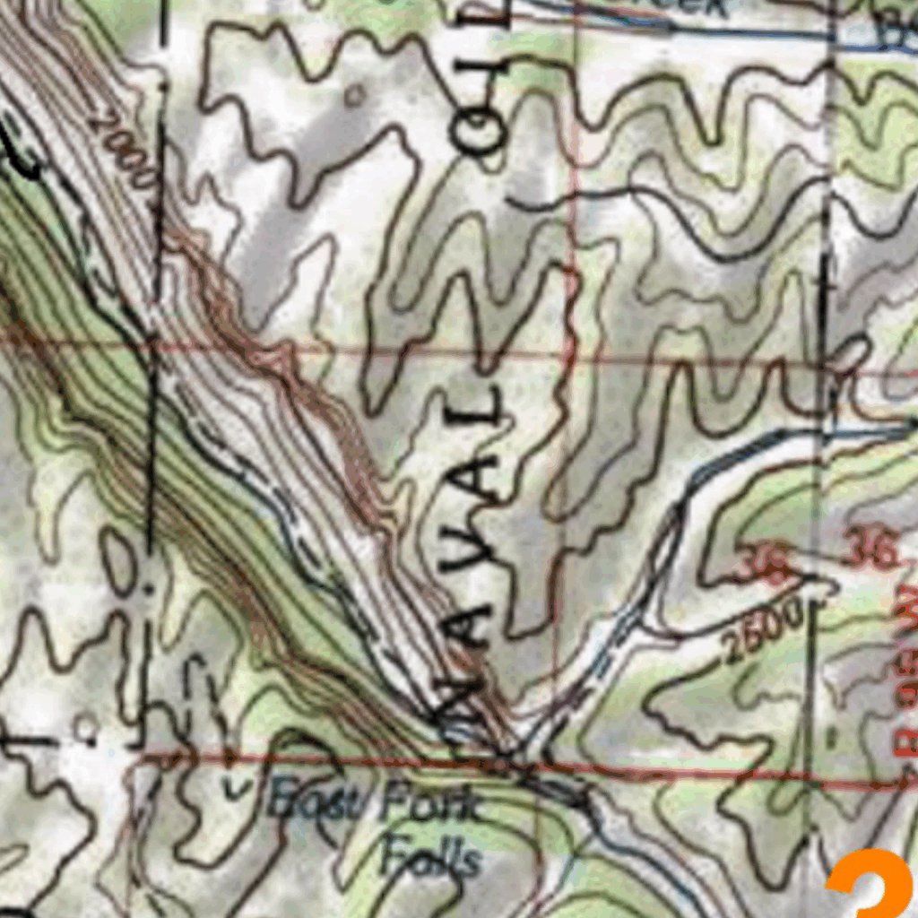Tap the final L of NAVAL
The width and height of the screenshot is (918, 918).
pos(485,408)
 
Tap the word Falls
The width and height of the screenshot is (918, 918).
pos(430,858)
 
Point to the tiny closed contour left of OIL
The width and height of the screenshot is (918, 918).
pos(357,93)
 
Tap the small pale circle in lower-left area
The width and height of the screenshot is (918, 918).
pos(86,726)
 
